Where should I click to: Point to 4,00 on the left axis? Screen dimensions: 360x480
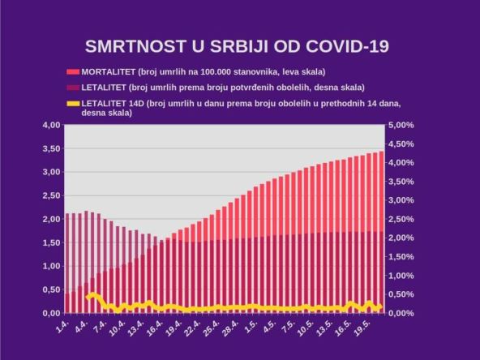click(50, 126)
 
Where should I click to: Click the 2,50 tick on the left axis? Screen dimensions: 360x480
click(50, 195)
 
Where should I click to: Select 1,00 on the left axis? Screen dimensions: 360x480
click(50, 266)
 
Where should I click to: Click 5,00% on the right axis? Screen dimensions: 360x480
click(402, 126)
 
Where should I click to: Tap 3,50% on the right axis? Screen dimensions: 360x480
click(402, 182)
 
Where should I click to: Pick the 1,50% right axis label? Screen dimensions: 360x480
click(402, 257)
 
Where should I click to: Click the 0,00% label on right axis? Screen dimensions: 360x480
click(402, 313)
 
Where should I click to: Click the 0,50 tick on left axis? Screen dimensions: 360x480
click(50, 289)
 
